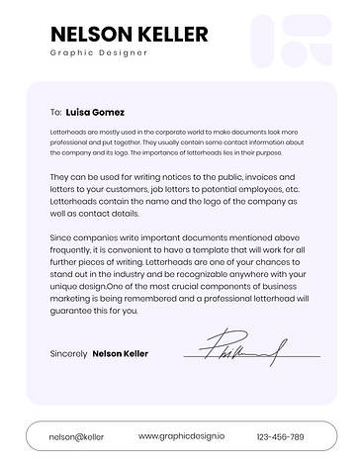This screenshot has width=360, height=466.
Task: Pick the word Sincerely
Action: [67, 353]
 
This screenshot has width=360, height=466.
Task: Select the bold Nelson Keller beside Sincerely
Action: [120, 353]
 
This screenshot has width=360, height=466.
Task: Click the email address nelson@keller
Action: [76, 436]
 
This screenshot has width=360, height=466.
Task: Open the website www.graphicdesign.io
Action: [182, 435]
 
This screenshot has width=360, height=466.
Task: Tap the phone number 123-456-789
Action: [280, 436]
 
